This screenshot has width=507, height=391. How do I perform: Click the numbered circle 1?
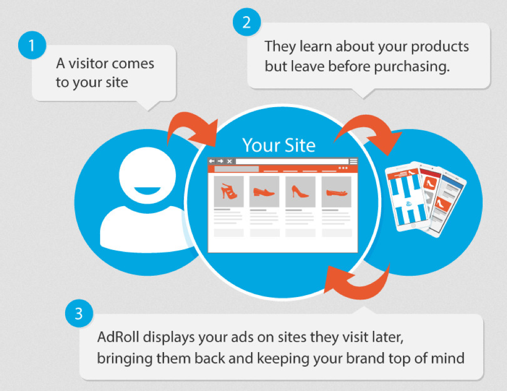click(x=32, y=45)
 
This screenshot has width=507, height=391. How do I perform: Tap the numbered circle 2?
click(x=246, y=22)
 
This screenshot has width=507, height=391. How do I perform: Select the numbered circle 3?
click(x=79, y=313)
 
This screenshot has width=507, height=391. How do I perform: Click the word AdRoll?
click(x=118, y=337)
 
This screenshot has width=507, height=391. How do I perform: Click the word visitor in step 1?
click(x=88, y=63)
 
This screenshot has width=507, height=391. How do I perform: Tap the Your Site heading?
click(x=279, y=145)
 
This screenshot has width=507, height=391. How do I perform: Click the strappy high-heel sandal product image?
click(x=229, y=191)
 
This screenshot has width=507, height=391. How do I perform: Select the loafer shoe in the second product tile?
click(x=264, y=192)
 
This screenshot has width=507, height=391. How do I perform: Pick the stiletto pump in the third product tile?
click(x=300, y=191)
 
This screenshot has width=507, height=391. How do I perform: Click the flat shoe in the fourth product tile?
click(x=336, y=193)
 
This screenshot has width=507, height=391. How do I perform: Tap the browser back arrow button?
click(x=212, y=161)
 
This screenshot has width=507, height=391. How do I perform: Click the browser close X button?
click(x=229, y=161)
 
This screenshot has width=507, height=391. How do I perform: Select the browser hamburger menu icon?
click(x=353, y=161)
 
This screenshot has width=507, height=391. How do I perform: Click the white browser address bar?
click(x=292, y=161)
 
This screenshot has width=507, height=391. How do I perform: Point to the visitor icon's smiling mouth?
click(x=147, y=190)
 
